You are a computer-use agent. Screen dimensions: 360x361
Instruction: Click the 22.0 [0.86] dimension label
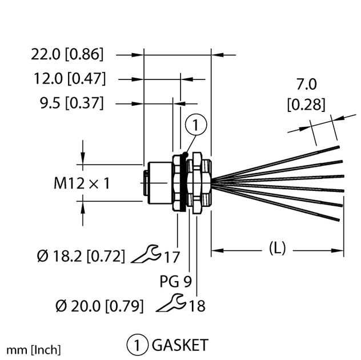point(67,55)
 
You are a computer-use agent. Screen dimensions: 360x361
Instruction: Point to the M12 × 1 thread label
point(81,183)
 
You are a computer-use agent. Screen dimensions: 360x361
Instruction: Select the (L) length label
point(277,248)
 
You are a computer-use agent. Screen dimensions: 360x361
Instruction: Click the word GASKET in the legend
point(179,345)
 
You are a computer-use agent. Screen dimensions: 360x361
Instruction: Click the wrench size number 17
point(172,257)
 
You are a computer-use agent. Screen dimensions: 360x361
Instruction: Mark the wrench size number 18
point(196,306)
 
